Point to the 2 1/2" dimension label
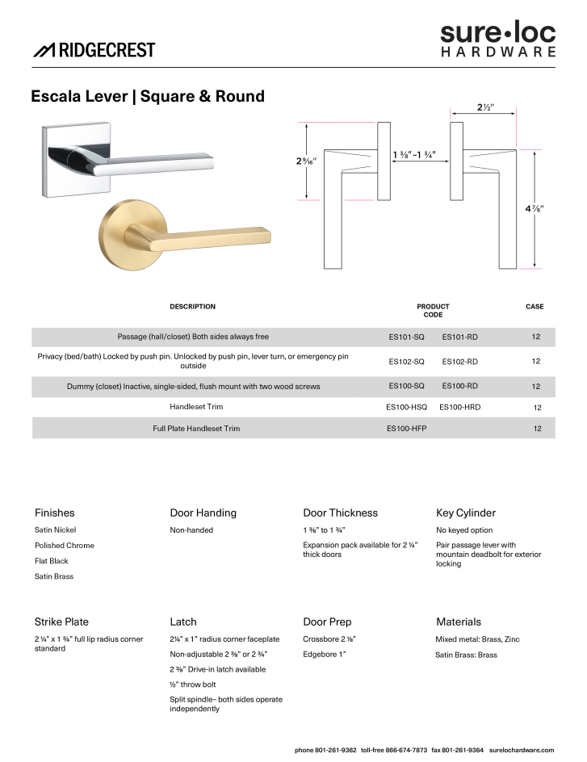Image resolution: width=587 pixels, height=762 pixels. click(x=484, y=107)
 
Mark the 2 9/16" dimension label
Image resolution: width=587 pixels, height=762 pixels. click(x=306, y=161)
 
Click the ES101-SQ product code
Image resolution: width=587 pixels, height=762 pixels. click(x=406, y=337)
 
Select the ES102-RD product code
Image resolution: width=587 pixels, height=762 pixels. click(x=460, y=362)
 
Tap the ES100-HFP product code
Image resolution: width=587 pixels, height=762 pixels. click(x=407, y=429)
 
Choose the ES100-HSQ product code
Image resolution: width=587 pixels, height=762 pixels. click(x=407, y=408)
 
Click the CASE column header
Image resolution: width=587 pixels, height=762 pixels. click(x=535, y=307)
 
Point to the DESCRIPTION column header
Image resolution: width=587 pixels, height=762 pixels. click(x=192, y=307)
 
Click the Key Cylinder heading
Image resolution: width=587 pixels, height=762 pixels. click(x=466, y=513)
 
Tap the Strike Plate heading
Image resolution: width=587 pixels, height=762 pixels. click(x=61, y=622)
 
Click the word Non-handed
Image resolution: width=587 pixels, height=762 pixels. click(x=191, y=530)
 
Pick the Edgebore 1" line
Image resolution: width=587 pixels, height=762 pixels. click(x=325, y=655)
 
